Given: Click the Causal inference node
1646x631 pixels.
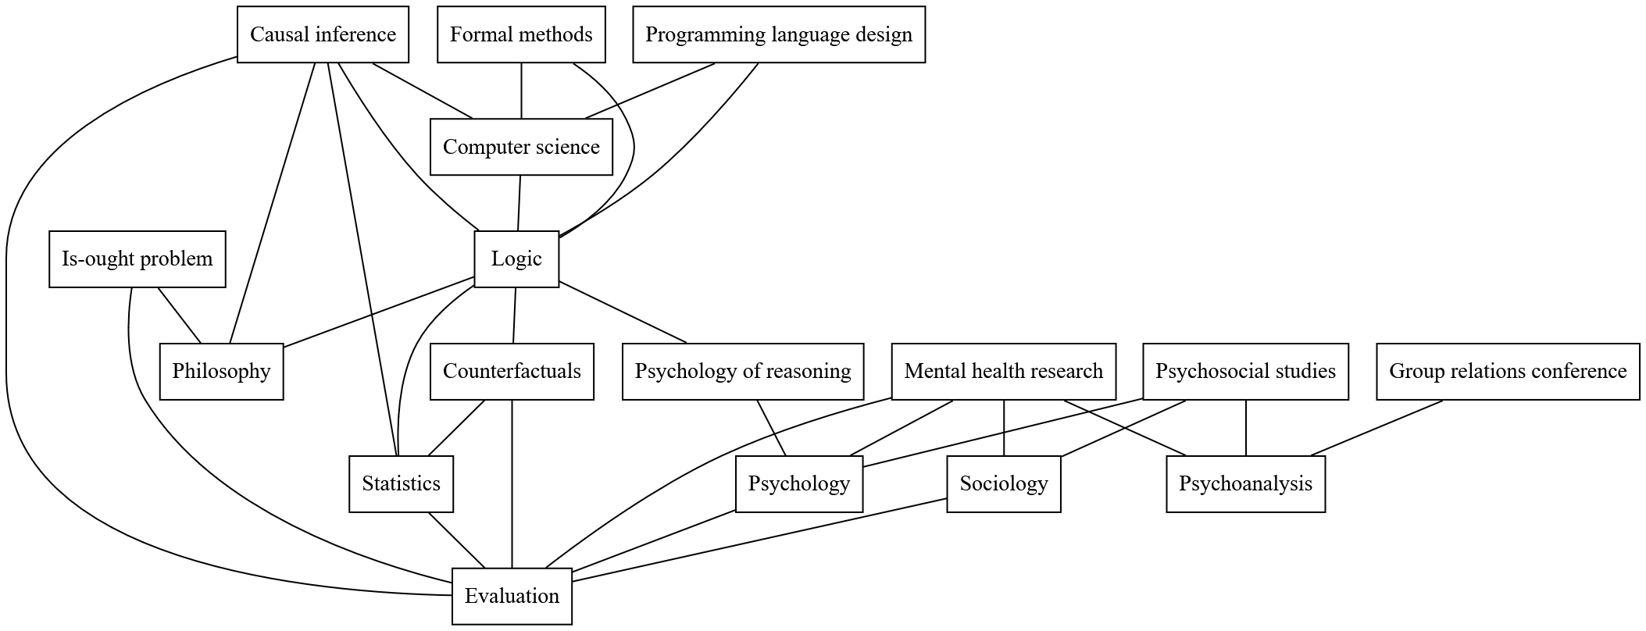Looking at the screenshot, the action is [x=323, y=34].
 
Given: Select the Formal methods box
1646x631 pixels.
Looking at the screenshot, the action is [x=521, y=34].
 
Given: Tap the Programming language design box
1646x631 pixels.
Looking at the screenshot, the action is [x=779, y=34].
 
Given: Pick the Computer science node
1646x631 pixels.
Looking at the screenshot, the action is [x=521, y=147].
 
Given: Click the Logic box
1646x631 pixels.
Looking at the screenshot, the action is [x=516, y=259].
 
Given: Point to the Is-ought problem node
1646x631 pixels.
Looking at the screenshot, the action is [x=137, y=259].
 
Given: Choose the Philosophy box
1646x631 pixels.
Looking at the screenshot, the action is [x=221, y=372].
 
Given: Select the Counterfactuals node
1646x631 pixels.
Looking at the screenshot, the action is [x=512, y=372].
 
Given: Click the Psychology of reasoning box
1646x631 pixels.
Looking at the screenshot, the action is [x=743, y=372].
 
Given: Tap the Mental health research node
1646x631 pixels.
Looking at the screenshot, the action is [x=1004, y=372].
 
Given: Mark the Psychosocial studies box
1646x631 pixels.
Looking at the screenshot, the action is [x=1245, y=372].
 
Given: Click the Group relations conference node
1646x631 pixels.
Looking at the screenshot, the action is [x=1508, y=372].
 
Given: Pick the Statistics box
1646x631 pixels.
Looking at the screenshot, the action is [x=401, y=484].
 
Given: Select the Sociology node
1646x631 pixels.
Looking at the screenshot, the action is [x=1004, y=484].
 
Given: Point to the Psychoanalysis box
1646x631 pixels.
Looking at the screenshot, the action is [x=1245, y=484].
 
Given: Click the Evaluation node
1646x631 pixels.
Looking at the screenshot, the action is [x=512, y=597].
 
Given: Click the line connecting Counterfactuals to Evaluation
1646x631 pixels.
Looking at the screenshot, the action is [x=512, y=484].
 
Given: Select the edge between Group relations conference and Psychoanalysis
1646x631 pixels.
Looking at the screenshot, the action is [x=1376, y=428].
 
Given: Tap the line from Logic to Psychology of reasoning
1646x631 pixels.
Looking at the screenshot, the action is [x=623, y=312].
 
